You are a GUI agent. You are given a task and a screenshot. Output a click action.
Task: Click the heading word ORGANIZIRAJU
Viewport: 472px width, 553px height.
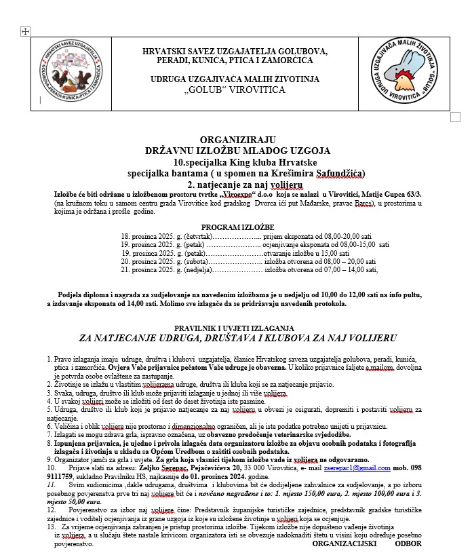pyautogui.click(x=237, y=139)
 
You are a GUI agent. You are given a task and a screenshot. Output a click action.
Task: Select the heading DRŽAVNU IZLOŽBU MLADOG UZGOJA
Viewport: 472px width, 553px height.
pyautogui.click(x=237, y=150)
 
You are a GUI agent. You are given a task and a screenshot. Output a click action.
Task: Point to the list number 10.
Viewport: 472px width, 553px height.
pyautogui.click(x=51, y=468)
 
